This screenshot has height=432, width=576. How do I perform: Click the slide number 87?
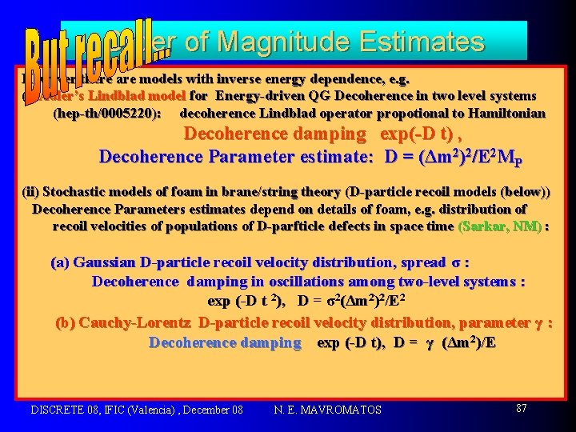pyautogui.click(x=521, y=408)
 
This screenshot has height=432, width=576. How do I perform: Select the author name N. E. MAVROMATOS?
pyautogui.click(x=327, y=410)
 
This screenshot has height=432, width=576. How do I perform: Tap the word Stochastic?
pyautogui.click(x=78, y=191)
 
